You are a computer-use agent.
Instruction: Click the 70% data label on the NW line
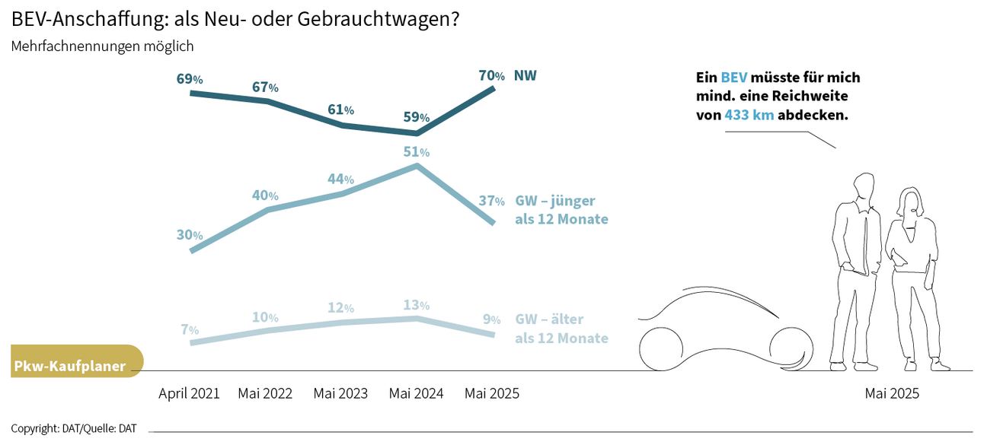(491, 75)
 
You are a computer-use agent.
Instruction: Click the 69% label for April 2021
(190, 78)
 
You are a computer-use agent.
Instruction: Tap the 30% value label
(190, 234)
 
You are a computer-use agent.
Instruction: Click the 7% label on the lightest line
(190, 329)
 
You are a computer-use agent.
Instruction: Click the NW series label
(526, 75)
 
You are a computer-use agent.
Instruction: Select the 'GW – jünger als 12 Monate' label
(561, 210)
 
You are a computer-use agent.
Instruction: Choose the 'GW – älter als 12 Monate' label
(561, 329)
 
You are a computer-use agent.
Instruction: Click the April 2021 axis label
(189, 393)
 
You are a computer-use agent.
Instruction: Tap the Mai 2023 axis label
(340, 393)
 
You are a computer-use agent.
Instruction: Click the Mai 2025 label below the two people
(892, 393)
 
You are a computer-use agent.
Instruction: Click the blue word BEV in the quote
(734, 78)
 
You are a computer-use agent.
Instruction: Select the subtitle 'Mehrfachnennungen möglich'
(102, 46)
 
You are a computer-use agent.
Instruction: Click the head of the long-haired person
(909, 202)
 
